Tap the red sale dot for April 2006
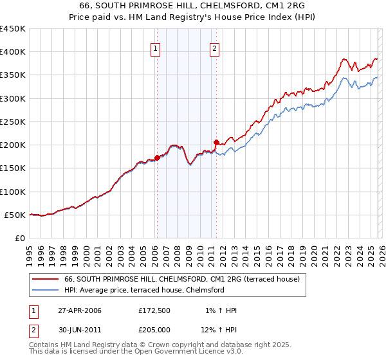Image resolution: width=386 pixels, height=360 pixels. click(157, 157)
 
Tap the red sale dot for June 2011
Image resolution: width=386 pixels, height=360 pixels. click(216, 142)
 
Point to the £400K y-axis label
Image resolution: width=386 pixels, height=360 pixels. click(12, 52)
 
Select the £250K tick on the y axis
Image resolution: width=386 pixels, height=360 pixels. click(12, 122)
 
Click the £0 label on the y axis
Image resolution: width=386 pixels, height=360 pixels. click(19, 238)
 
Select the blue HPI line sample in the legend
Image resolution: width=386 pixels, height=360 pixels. click(45, 291)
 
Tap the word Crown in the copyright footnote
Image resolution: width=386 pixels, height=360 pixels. click(162, 345)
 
